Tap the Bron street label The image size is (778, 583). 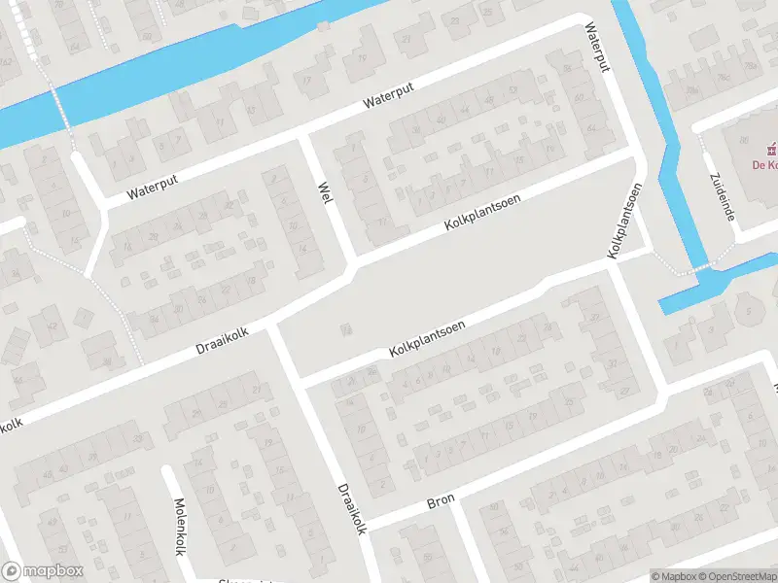point(441,503)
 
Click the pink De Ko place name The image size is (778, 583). point(765,165)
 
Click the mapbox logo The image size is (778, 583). point(43,571)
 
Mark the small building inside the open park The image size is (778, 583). point(345,330)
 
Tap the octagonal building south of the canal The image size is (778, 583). point(749,312)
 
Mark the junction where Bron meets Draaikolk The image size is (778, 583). point(366,523)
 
